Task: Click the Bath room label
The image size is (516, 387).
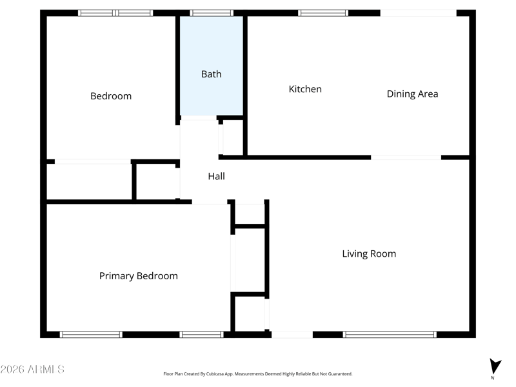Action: (212, 74)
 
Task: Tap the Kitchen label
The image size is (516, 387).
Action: (305, 89)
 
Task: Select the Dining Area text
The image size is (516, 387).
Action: (412, 94)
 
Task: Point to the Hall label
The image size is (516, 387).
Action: (216, 176)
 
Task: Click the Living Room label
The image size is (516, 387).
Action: (369, 253)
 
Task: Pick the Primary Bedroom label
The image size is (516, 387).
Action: (139, 276)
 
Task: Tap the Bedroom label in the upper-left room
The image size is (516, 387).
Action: (111, 96)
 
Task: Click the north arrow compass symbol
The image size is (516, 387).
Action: (495, 367)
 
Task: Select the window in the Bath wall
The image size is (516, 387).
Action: (212, 13)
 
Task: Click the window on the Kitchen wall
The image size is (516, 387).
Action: (323, 13)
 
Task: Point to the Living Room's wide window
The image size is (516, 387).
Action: (390, 335)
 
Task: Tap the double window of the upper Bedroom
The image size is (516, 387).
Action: (115, 13)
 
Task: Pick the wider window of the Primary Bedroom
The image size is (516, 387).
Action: (91, 335)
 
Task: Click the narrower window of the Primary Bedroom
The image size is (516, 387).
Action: (201, 335)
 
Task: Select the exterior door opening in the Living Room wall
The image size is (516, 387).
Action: (292, 335)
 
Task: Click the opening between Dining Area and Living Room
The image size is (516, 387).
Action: (406, 157)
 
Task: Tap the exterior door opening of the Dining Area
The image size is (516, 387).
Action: (418, 13)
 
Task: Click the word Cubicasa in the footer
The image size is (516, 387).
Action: (215, 374)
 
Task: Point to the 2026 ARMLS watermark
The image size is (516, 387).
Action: (32, 369)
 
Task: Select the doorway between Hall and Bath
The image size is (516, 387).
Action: (199, 118)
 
